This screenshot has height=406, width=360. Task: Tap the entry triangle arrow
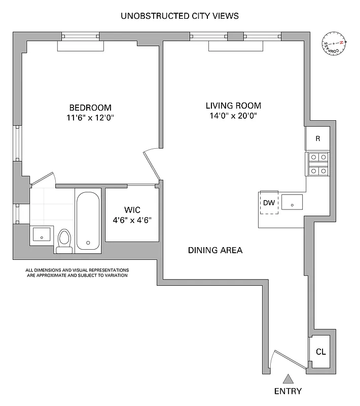point(288,379)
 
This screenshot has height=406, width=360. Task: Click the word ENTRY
point(288,391)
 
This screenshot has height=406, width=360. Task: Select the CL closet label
point(320,352)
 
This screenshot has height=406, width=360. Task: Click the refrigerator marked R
point(317,139)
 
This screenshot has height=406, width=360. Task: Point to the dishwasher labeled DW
point(269,203)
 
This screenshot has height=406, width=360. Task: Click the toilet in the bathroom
point(64,241)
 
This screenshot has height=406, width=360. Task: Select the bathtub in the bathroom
point(88,221)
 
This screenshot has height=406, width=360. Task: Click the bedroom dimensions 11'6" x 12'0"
point(90,117)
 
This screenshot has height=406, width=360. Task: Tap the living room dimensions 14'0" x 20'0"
point(233,116)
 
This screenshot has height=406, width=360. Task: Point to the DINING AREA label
point(215,250)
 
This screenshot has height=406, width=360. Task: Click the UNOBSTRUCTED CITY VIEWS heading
point(179,16)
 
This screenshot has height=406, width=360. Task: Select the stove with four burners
point(317,164)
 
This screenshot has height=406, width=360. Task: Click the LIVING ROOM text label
point(233,106)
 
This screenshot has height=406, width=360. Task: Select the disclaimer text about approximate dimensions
point(78,273)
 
